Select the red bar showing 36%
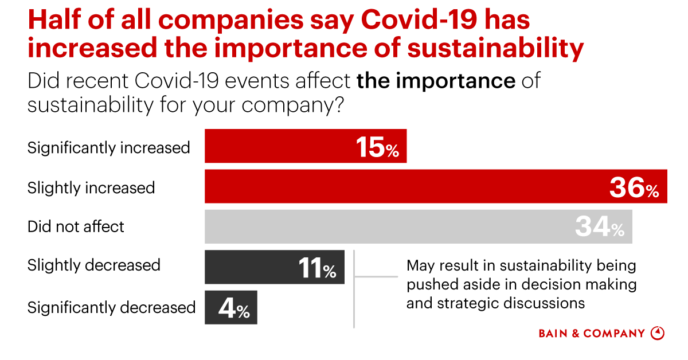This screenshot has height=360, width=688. tap(401, 187)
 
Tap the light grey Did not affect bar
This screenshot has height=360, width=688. tap(390, 227)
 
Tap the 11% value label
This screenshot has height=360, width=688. tap(317, 268)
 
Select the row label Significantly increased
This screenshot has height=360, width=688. tap(109, 148)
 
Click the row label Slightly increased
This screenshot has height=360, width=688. tap(91, 188)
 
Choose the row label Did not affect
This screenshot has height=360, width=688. tap(76, 227)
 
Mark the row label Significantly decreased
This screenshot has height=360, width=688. tap(111, 308)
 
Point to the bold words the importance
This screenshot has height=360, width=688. tap(436, 81)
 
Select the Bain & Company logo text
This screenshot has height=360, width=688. tap(592, 333)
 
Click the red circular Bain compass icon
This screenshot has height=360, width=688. tap(658, 333)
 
